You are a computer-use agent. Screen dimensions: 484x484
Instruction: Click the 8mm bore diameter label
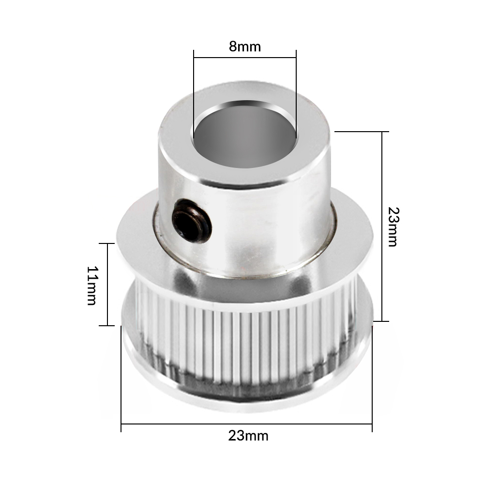[x=244, y=47]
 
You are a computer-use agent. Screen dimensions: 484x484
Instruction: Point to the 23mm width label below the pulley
[x=248, y=436]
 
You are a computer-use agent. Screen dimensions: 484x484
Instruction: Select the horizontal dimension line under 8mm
[x=244, y=58]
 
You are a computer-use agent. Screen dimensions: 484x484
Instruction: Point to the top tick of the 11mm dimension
[x=106, y=243]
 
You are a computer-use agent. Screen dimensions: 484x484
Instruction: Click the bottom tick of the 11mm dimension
[x=106, y=326]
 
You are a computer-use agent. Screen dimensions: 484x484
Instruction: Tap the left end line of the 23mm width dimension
[x=121, y=378]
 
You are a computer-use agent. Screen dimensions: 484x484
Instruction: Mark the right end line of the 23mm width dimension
[x=372, y=378]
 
